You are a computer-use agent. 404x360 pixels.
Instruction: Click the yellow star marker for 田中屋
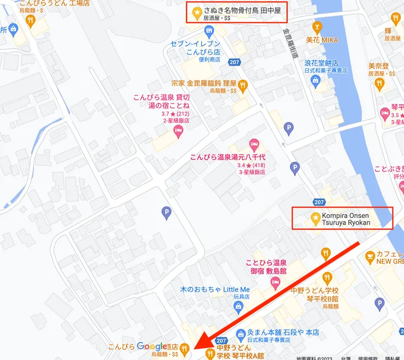(x=196, y=10)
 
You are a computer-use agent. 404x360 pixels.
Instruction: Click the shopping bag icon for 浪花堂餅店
(x=315, y=81)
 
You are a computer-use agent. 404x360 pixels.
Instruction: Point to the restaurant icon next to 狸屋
(x=243, y=85)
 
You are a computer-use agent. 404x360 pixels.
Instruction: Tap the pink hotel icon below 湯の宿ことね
(x=177, y=131)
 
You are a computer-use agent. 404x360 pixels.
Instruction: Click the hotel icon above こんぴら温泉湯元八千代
(x=253, y=145)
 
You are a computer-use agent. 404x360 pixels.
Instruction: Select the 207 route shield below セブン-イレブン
(x=235, y=62)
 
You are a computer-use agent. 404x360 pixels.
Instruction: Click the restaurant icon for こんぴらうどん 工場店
(x=31, y=21)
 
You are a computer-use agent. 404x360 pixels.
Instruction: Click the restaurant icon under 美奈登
(x=379, y=84)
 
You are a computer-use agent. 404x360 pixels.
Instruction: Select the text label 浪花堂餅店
(x=322, y=63)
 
